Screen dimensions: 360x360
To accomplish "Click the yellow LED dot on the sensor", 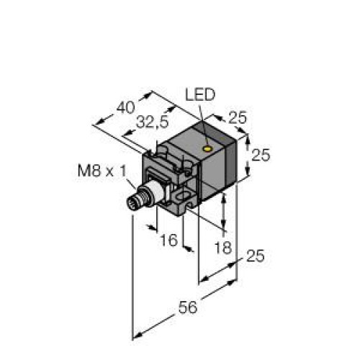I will [x=207, y=150].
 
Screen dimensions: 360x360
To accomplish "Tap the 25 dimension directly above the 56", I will [x=253, y=256].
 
